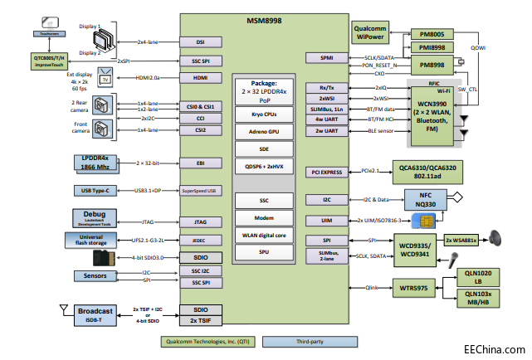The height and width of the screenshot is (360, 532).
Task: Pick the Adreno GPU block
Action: click(x=264, y=131)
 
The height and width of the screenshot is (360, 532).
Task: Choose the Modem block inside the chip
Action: click(x=264, y=216)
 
